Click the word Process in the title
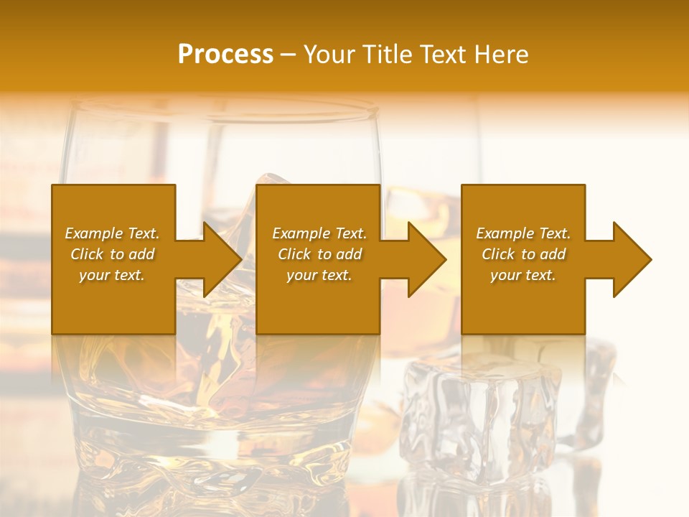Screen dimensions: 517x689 click(225, 55)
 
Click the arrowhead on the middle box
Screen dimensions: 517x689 click(426, 259)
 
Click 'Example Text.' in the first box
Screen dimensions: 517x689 click(112, 233)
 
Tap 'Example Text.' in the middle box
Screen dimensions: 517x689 click(319, 233)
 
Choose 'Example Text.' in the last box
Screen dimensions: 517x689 click(523, 233)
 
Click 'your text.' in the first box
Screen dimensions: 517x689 click(112, 275)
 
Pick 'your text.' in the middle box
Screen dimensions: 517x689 click(319, 275)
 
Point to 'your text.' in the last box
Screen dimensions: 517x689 click(523, 275)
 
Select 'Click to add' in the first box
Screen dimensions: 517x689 click(112, 254)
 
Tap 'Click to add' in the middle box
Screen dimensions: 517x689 click(319, 254)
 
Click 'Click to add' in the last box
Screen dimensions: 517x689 click(523, 254)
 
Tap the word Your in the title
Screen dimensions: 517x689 click(329, 55)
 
